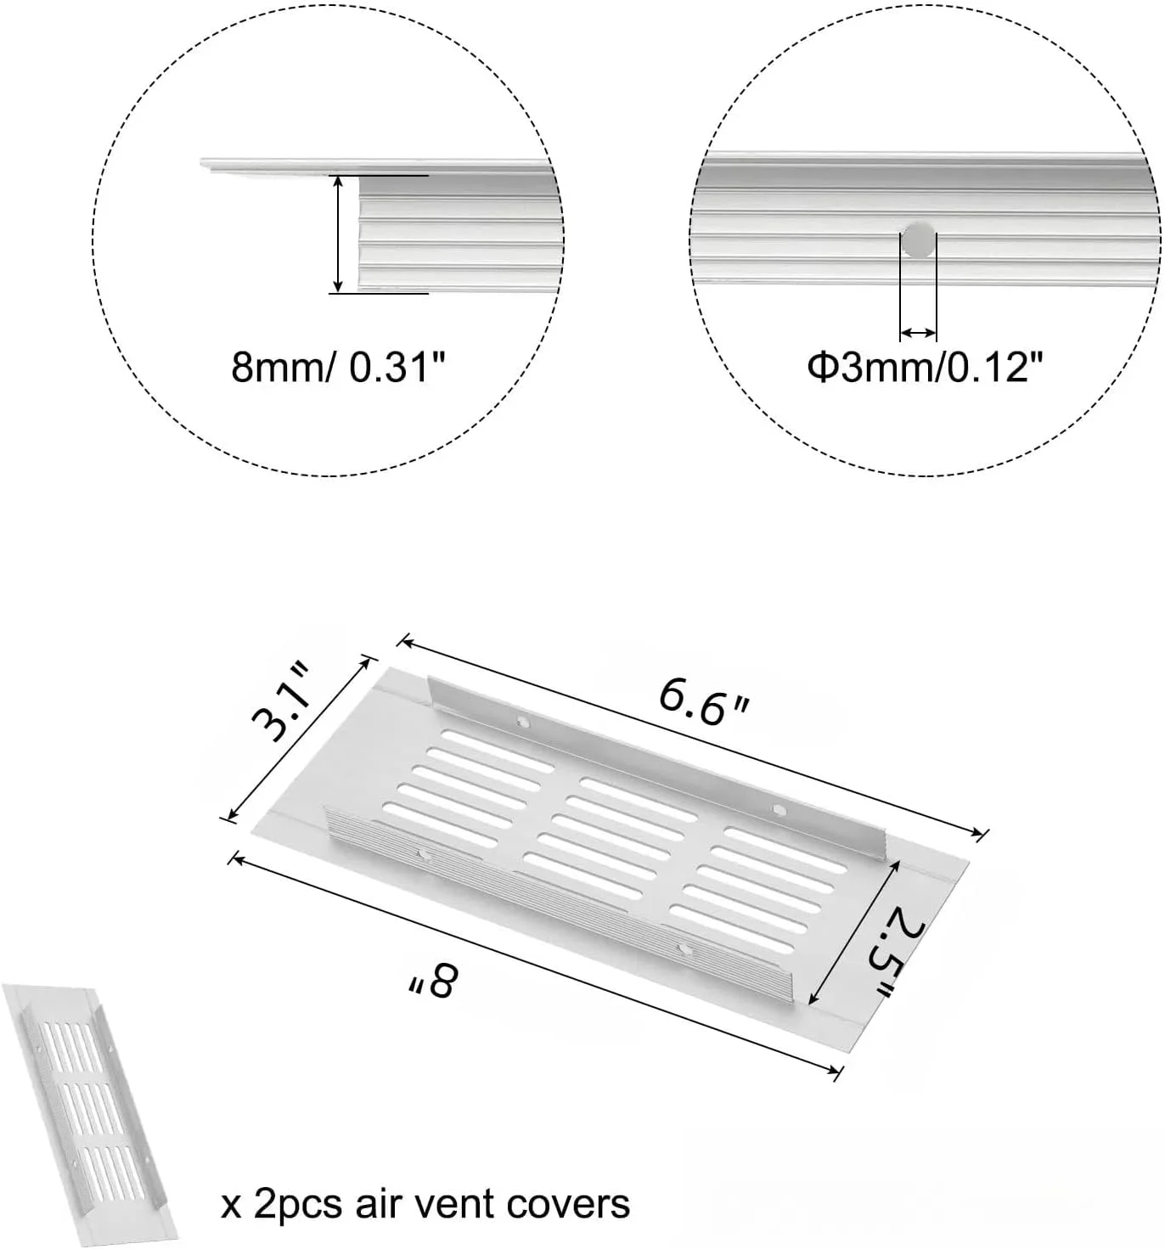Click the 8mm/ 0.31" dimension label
[339, 368]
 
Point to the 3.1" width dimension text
[280, 701]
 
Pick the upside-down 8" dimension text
[433, 981]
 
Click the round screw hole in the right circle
[919, 239]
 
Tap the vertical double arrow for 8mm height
[338, 234]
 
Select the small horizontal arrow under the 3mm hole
[919, 332]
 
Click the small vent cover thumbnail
[90, 1112]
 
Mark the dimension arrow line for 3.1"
[297, 739]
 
